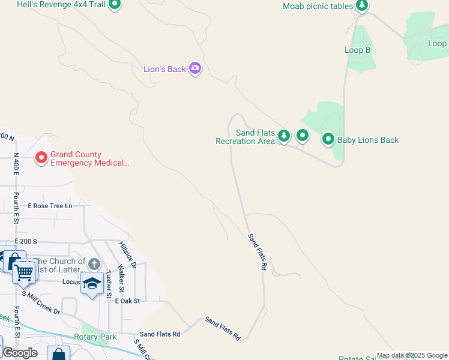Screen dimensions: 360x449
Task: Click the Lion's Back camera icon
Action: (x=194, y=68)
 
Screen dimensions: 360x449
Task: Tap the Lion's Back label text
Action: (x=164, y=69)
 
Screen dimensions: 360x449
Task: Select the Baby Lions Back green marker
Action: (x=328, y=140)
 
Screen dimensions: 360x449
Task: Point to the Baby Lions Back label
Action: (x=368, y=140)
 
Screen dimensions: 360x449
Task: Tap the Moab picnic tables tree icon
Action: (x=361, y=6)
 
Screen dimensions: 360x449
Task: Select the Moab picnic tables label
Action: (x=318, y=6)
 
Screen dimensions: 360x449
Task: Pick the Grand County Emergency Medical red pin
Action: (x=41, y=158)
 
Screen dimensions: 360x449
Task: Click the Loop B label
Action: (x=357, y=50)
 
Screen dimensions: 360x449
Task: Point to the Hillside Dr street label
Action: (x=127, y=255)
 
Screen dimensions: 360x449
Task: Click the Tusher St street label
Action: (x=109, y=284)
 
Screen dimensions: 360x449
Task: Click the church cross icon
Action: (x=94, y=264)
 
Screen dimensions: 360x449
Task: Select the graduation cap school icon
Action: (x=92, y=283)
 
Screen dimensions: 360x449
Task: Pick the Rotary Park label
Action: (x=95, y=337)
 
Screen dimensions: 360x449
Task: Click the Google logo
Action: (x=20, y=352)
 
